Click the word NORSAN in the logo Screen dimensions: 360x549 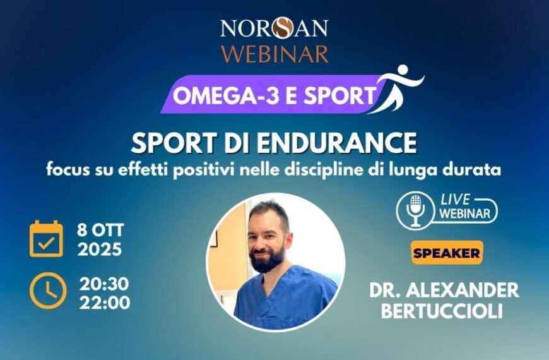pyautogui.click(x=274, y=29)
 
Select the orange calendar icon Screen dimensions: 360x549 pyautogui.click(x=46, y=239)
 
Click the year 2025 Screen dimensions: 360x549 pyautogui.click(x=100, y=249)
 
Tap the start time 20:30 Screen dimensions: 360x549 pyautogui.click(x=103, y=283)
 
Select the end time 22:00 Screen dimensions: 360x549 pyautogui.click(x=105, y=303)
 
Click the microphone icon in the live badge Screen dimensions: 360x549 pyautogui.click(x=416, y=210)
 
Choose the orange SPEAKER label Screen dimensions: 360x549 pyautogui.click(x=447, y=253)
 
